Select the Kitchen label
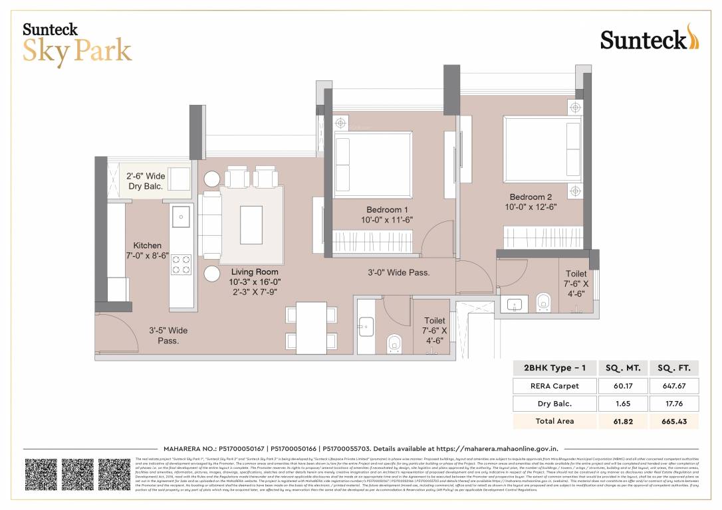[x=147, y=246]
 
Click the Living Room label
[x=255, y=272]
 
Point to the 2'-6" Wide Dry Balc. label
[x=146, y=181]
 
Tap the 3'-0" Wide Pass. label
[x=399, y=272]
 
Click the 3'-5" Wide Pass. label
[x=168, y=335]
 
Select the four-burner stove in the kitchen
[x=181, y=264]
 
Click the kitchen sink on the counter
[x=180, y=215]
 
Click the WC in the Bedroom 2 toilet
[x=543, y=301]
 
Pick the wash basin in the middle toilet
[x=366, y=325]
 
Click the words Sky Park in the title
[x=77, y=51]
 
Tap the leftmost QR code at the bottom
[x=41, y=474]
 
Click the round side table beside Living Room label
[x=213, y=274]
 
